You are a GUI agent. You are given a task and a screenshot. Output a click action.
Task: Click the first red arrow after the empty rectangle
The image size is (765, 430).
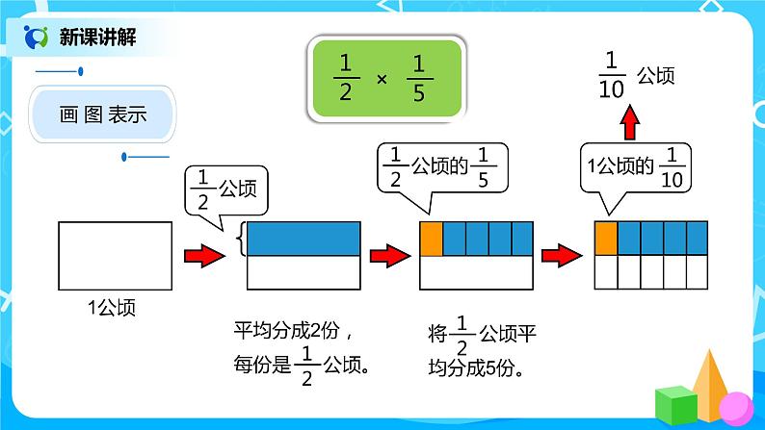point(203,256)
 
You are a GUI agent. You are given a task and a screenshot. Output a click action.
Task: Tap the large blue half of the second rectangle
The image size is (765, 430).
point(303,239)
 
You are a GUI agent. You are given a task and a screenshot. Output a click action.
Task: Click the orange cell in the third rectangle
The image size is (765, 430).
point(431,238)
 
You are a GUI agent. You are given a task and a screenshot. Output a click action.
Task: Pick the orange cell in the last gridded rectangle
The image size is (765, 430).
point(606,238)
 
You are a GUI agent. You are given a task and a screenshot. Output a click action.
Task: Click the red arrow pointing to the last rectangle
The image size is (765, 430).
point(562,256)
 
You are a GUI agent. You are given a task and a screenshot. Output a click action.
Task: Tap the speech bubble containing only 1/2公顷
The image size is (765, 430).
point(225,190)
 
